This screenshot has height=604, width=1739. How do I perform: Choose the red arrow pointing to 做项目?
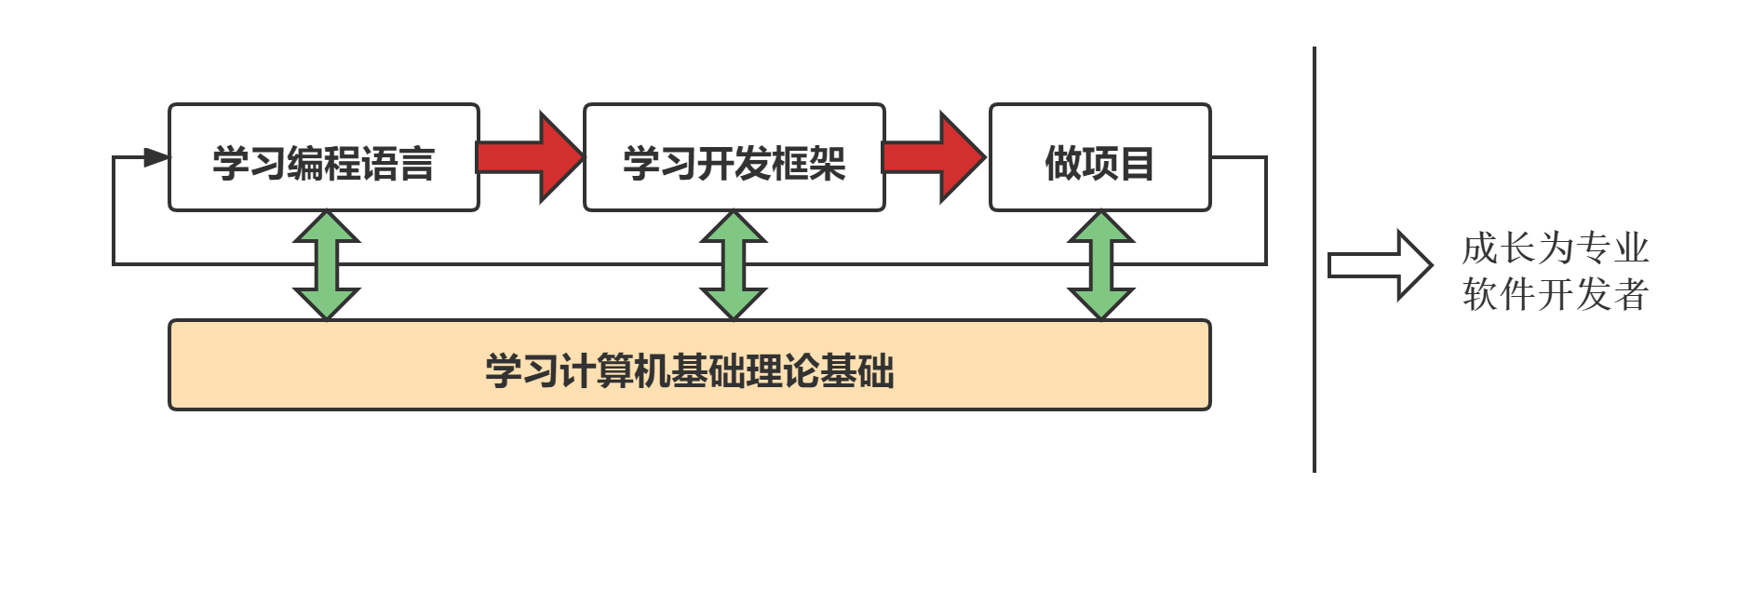(x=933, y=157)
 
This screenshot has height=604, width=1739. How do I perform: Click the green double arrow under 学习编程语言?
(x=327, y=265)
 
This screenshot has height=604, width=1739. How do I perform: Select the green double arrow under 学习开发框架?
(x=734, y=265)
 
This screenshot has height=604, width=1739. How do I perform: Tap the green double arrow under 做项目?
(x=1100, y=265)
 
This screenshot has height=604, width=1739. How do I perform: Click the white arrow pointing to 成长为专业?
(x=1379, y=265)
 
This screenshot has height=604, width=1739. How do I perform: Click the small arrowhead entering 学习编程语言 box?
(x=155, y=157)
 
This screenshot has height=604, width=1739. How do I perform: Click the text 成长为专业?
(x=1555, y=248)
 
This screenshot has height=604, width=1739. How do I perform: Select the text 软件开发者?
(x=1555, y=295)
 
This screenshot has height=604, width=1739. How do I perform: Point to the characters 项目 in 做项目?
(x=1117, y=164)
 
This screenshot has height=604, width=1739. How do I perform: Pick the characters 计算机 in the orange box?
(x=614, y=370)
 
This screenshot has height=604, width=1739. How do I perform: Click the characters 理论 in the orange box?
(x=782, y=370)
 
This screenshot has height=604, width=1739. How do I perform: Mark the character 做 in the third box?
(x=1062, y=164)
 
